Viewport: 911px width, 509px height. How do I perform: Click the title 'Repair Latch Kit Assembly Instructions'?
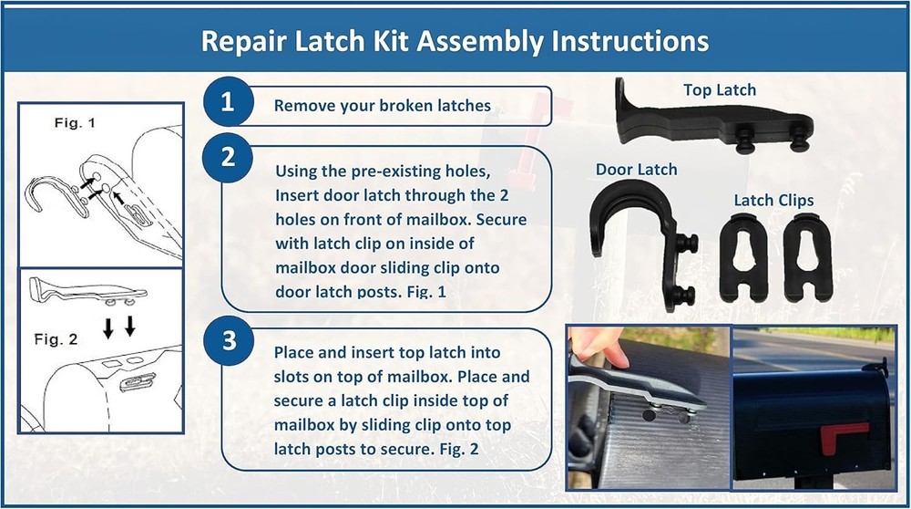pyautogui.click(x=455, y=42)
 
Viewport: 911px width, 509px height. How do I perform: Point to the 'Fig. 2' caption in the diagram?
pyautogui.click(x=56, y=339)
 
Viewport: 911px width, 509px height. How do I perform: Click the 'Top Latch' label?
pyautogui.click(x=720, y=89)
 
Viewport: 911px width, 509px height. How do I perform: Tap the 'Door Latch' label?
pyautogui.click(x=635, y=170)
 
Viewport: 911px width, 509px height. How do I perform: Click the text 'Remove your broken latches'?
pyautogui.click(x=382, y=105)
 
